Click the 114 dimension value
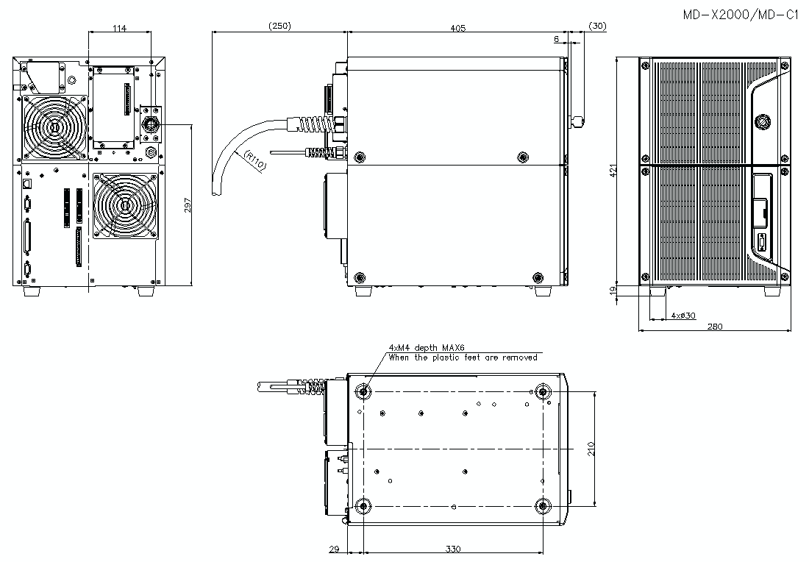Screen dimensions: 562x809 (x=120, y=28)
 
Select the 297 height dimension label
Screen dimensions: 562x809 (x=188, y=205)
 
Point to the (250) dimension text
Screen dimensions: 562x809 (x=279, y=26)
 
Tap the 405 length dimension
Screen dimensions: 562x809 (x=457, y=27)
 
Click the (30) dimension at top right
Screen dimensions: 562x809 (x=597, y=26)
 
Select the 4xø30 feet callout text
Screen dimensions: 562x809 (x=683, y=315)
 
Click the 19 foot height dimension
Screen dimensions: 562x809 (x=613, y=291)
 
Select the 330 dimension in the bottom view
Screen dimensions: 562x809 (x=453, y=549)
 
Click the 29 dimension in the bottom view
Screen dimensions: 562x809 (x=334, y=549)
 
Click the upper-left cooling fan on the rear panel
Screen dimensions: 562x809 (x=54, y=129)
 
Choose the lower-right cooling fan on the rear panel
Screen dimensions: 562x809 (x=125, y=205)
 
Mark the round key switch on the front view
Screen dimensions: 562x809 (x=762, y=118)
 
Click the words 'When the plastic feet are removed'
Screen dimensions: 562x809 (x=463, y=358)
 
